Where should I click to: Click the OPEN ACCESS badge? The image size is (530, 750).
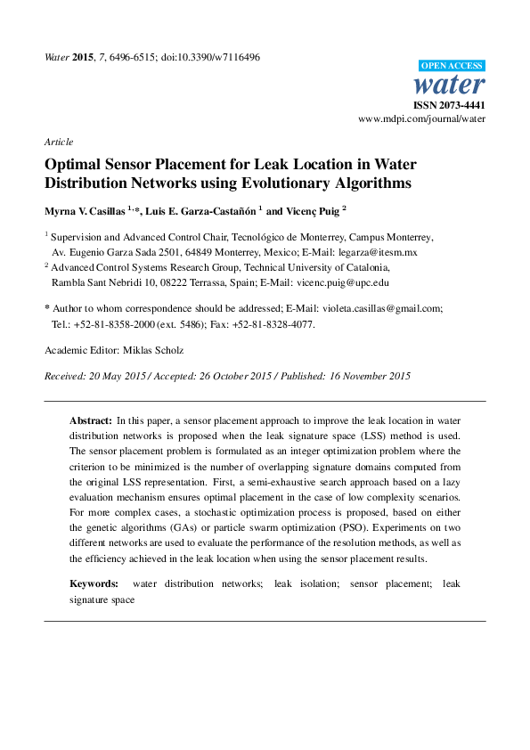tap(452, 66)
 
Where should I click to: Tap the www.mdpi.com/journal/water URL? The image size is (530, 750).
tap(421, 118)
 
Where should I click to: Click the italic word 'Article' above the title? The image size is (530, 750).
tap(59, 142)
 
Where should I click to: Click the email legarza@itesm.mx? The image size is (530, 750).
tap(377, 252)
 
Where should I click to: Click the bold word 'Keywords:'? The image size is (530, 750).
tap(94, 583)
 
